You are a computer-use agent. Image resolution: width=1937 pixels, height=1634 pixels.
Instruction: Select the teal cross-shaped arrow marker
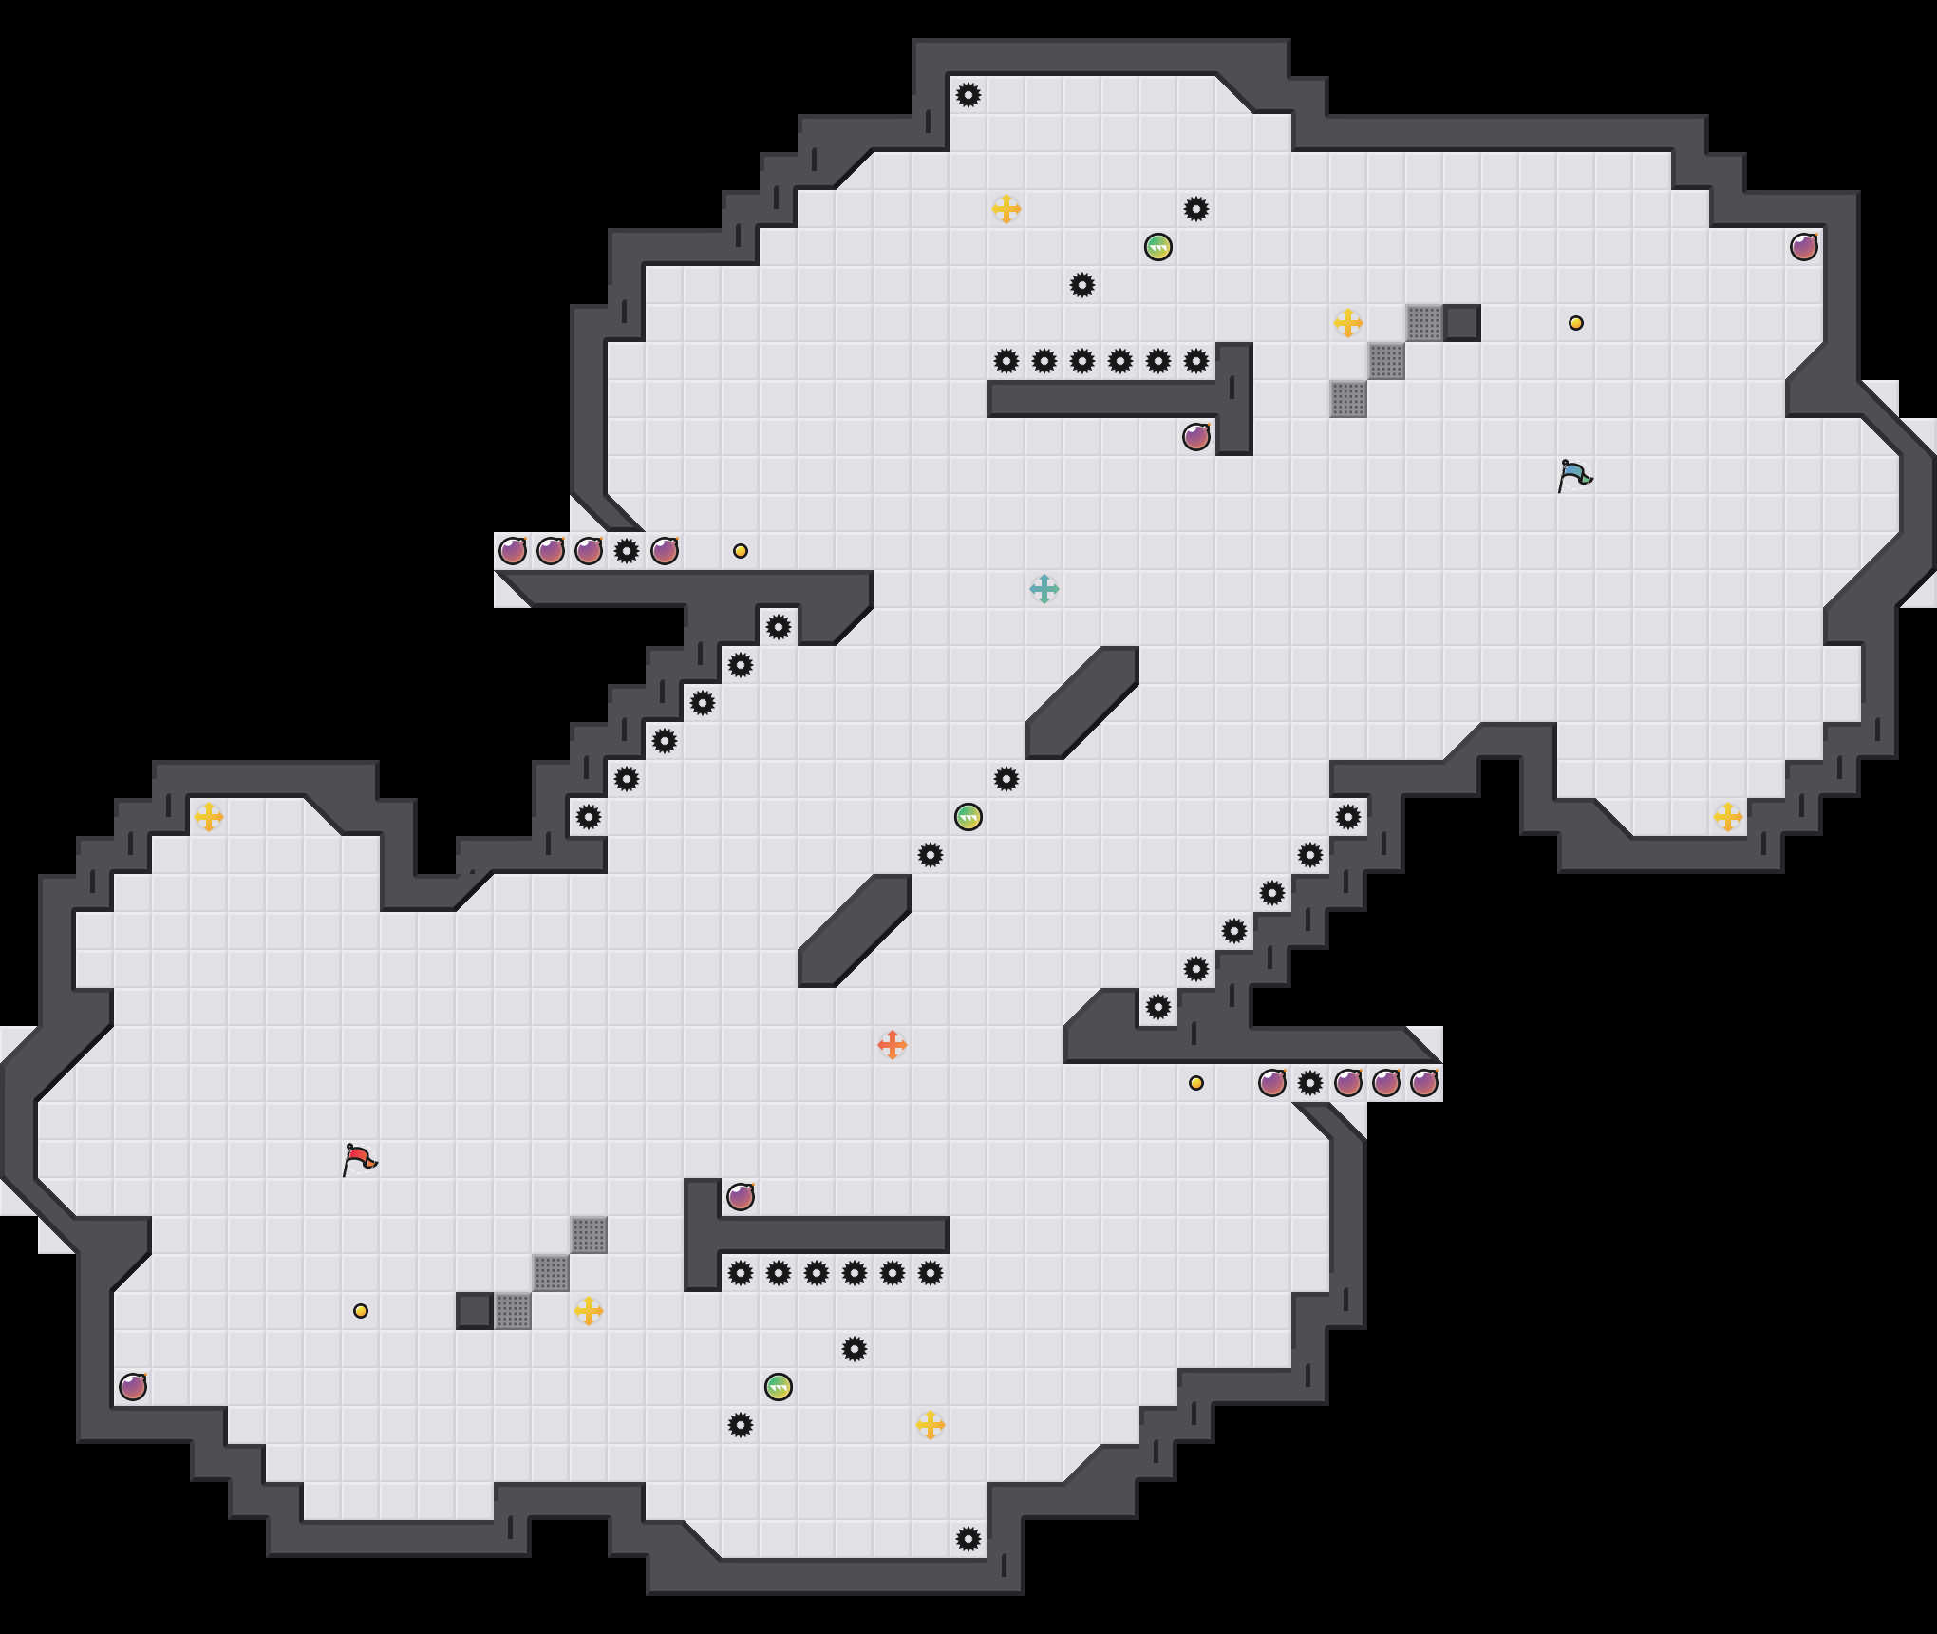1044,589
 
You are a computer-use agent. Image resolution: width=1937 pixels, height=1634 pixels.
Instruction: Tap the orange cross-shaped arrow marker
893,1045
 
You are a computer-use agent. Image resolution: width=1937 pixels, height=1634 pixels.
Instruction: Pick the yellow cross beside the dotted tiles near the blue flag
1348,323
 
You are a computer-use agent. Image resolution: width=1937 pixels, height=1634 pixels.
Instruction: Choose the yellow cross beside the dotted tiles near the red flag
589,1311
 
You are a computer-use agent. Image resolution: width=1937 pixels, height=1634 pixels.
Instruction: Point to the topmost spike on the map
968,95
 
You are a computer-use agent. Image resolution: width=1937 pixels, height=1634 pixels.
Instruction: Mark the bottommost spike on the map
968,1539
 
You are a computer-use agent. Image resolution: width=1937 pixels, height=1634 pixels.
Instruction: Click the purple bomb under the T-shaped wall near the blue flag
1196,437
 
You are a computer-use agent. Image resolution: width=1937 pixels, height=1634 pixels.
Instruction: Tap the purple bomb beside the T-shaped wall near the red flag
741,1197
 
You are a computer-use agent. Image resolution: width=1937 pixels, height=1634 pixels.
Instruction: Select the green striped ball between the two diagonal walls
968,817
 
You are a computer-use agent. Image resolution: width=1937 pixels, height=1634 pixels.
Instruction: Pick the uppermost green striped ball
1158,247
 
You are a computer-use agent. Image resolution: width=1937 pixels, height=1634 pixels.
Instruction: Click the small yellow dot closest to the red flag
361,1311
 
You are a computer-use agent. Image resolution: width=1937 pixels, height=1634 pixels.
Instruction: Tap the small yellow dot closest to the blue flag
1576,323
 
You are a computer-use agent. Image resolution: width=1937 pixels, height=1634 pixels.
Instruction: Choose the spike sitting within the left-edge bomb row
627,551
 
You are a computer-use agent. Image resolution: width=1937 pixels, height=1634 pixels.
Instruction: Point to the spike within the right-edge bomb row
1310,1083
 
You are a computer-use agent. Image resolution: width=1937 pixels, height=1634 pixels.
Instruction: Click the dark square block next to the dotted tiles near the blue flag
1462,323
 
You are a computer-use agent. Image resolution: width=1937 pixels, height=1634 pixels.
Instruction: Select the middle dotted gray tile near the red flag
551,1273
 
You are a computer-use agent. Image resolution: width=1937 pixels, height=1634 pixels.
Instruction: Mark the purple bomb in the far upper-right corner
1804,247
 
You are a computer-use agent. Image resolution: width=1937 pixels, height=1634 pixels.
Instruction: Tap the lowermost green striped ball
779,1387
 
